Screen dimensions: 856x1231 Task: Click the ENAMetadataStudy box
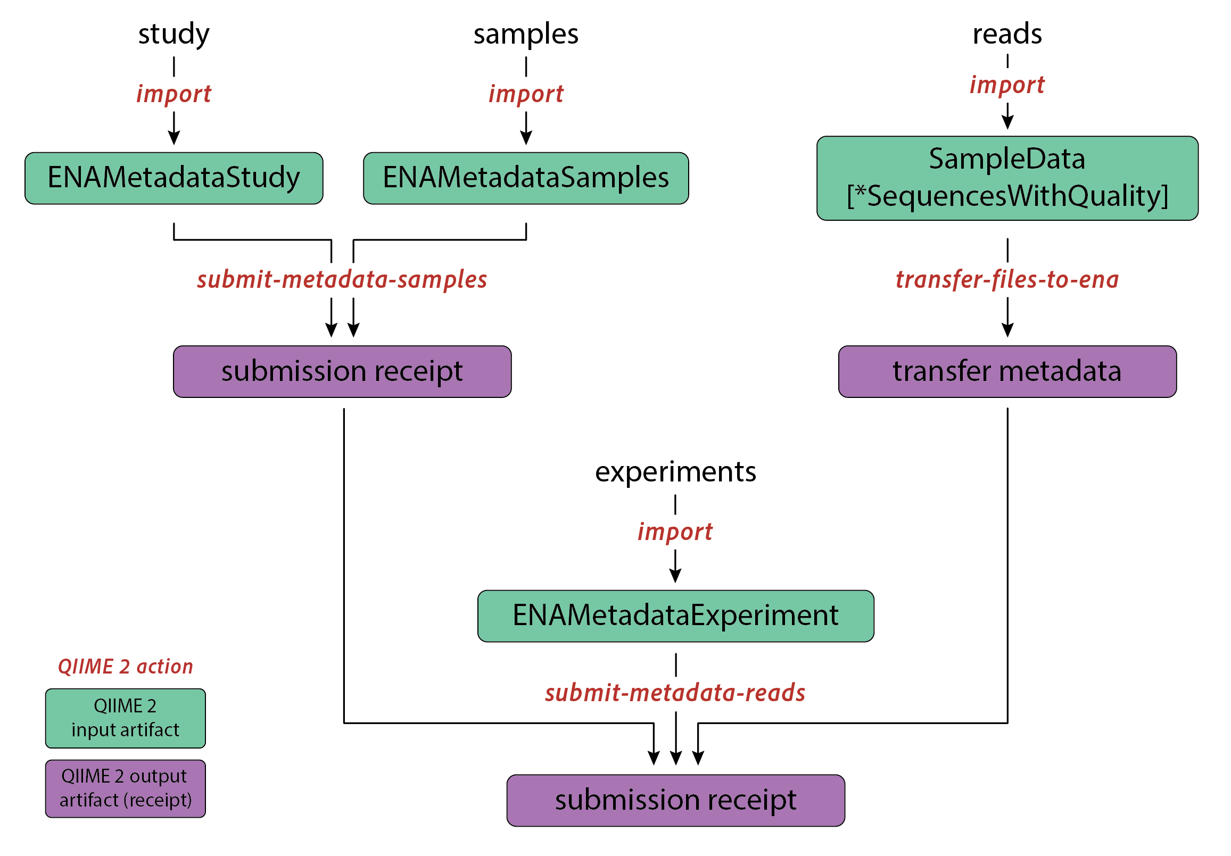[x=174, y=178]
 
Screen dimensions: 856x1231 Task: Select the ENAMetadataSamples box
[x=525, y=178]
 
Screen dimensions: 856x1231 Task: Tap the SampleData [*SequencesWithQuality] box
[x=1007, y=178]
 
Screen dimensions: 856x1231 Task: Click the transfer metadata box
[x=1007, y=371]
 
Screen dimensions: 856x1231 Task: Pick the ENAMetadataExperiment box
[x=675, y=616]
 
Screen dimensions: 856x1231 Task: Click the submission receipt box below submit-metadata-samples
[x=342, y=371]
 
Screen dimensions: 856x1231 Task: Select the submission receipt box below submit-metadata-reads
[x=675, y=800]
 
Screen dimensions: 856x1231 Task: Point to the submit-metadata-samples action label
[x=342, y=279]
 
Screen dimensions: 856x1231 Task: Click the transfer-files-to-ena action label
[x=1007, y=279]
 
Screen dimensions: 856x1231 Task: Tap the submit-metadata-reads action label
[x=675, y=693]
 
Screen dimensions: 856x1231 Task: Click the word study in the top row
[x=174, y=34]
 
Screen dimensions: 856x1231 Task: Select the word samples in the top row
[x=525, y=34]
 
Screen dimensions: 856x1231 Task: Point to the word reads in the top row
[x=1007, y=34]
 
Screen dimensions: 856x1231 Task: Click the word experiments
[x=675, y=472]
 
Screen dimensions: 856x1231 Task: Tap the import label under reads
[x=1007, y=85]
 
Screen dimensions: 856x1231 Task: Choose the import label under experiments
[x=675, y=531]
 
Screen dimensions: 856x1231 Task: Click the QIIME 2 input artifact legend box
[x=125, y=718]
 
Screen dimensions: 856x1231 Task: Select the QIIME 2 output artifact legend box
[x=125, y=788]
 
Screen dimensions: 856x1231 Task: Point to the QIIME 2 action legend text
[x=125, y=666]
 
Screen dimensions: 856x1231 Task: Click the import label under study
[x=174, y=94]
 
